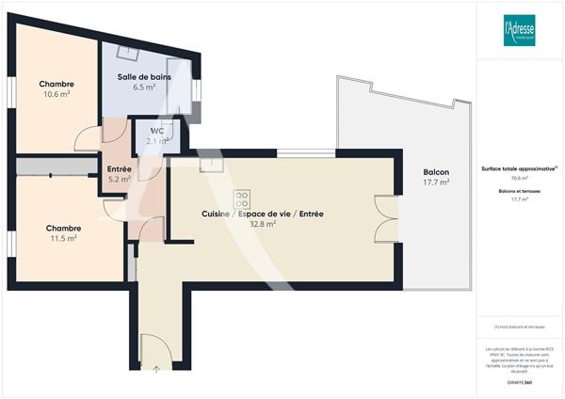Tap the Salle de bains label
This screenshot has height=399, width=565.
pos(144,76)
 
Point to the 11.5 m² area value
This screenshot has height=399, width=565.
pos(62,238)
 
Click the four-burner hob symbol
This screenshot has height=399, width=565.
pos(242,199)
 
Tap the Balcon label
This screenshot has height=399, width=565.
pos(436,172)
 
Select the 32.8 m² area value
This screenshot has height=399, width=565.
pos(262,225)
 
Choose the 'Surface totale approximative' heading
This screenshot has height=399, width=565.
pos(517,168)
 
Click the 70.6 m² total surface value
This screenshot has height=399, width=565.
pos(519,178)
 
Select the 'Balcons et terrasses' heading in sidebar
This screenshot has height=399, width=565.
pos(519,191)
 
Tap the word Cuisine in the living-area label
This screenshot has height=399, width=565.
pos(216,215)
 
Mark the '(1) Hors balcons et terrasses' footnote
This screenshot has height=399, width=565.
pos(519,327)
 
